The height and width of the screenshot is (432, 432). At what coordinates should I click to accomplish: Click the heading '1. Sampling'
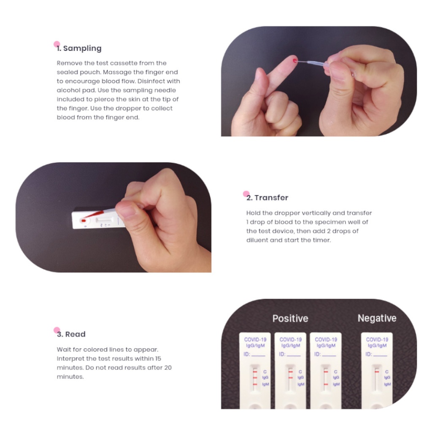point(79,49)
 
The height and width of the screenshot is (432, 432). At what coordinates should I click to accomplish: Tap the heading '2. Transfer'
point(267,198)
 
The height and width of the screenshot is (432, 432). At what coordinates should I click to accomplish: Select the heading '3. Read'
point(71,335)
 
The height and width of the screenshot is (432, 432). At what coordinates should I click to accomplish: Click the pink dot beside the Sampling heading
point(57,44)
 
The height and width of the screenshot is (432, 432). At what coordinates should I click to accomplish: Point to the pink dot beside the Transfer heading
point(246,194)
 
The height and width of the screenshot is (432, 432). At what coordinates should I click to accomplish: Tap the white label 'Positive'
point(290,319)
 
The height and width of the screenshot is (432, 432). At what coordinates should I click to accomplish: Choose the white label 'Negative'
point(377,319)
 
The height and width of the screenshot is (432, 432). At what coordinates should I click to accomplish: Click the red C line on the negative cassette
point(376,372)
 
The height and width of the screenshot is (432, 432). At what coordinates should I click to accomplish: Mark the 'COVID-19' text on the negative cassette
point(377,339)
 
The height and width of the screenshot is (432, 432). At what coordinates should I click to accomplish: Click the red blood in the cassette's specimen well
point(83,220)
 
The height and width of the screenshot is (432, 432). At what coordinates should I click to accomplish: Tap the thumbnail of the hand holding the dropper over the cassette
point(113,217)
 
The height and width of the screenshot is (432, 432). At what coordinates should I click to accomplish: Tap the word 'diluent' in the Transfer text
point(257,240)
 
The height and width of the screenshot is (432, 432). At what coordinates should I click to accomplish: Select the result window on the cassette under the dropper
point(104,220)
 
